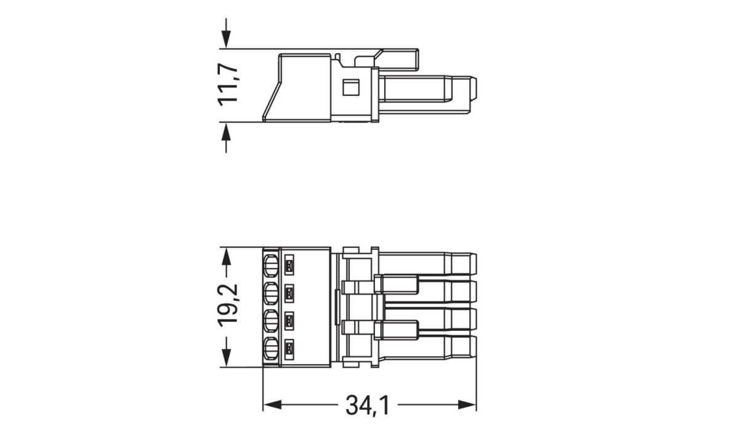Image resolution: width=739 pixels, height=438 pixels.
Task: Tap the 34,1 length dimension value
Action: click(367, 405)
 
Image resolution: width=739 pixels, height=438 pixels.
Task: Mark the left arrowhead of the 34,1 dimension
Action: click(272, 405)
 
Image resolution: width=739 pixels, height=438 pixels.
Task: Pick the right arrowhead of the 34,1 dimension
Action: click(468, 405)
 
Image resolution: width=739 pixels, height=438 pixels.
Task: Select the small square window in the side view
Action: click(350, 87)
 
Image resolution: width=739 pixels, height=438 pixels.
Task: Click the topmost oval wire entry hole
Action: click(270, 267)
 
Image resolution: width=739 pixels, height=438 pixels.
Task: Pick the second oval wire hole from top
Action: click(270, 294)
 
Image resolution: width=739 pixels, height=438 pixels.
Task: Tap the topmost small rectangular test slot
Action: click(289, 266)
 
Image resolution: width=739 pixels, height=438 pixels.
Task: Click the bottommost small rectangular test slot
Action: click(289, 351)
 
